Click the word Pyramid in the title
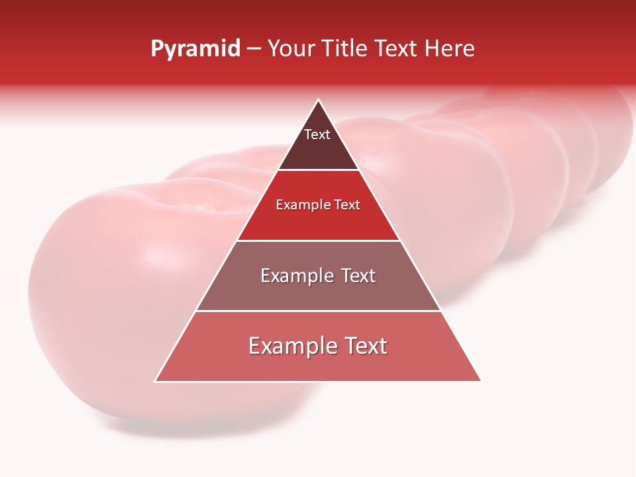(195, 49)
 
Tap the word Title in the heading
(347, 48)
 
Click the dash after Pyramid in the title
(254, 49)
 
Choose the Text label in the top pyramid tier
(317, 134)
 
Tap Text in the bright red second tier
(347, 205)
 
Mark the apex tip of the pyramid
(318, 100)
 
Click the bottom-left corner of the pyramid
(156, 381)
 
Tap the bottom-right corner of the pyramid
(480, 381)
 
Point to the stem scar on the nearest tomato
(199, 207)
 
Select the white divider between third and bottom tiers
(318, 311)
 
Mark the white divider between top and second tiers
(318, 170)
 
